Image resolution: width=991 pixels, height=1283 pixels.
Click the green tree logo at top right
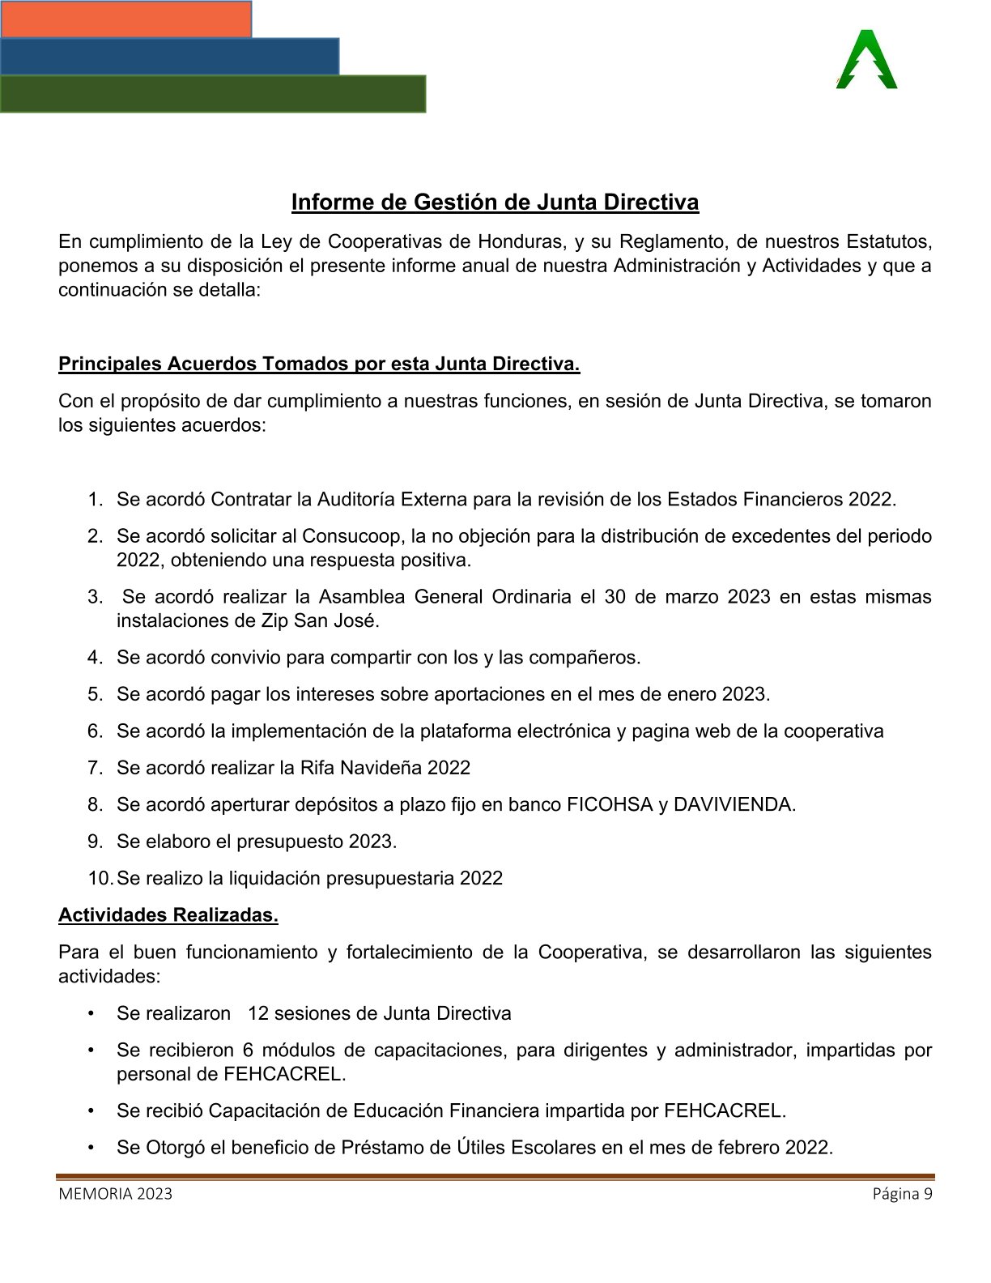pos(866,61)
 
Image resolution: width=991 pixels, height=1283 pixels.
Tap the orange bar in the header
pos(125,19)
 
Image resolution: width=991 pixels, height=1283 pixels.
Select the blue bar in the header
pos(169,56)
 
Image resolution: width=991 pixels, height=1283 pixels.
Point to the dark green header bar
pos(213,94)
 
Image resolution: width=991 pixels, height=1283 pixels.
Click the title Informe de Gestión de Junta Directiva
pos(495,202)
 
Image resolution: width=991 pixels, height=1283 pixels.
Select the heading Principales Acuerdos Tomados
pos(319,364)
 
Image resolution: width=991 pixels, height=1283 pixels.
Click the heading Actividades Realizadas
pos(168,915)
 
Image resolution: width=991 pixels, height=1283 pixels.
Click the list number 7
pos(95,768)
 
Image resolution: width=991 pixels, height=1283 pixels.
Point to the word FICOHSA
pos(610,804)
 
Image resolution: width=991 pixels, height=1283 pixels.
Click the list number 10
pos(99,878)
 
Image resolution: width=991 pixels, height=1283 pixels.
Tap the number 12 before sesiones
pos(259,1013)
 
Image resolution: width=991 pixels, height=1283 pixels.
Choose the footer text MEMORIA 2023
pos(115,1194)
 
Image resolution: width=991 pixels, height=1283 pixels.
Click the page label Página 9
pos(902,1194)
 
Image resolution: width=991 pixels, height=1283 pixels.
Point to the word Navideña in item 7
pos(384,768)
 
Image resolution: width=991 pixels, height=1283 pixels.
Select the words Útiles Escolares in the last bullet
pos(528,1148)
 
